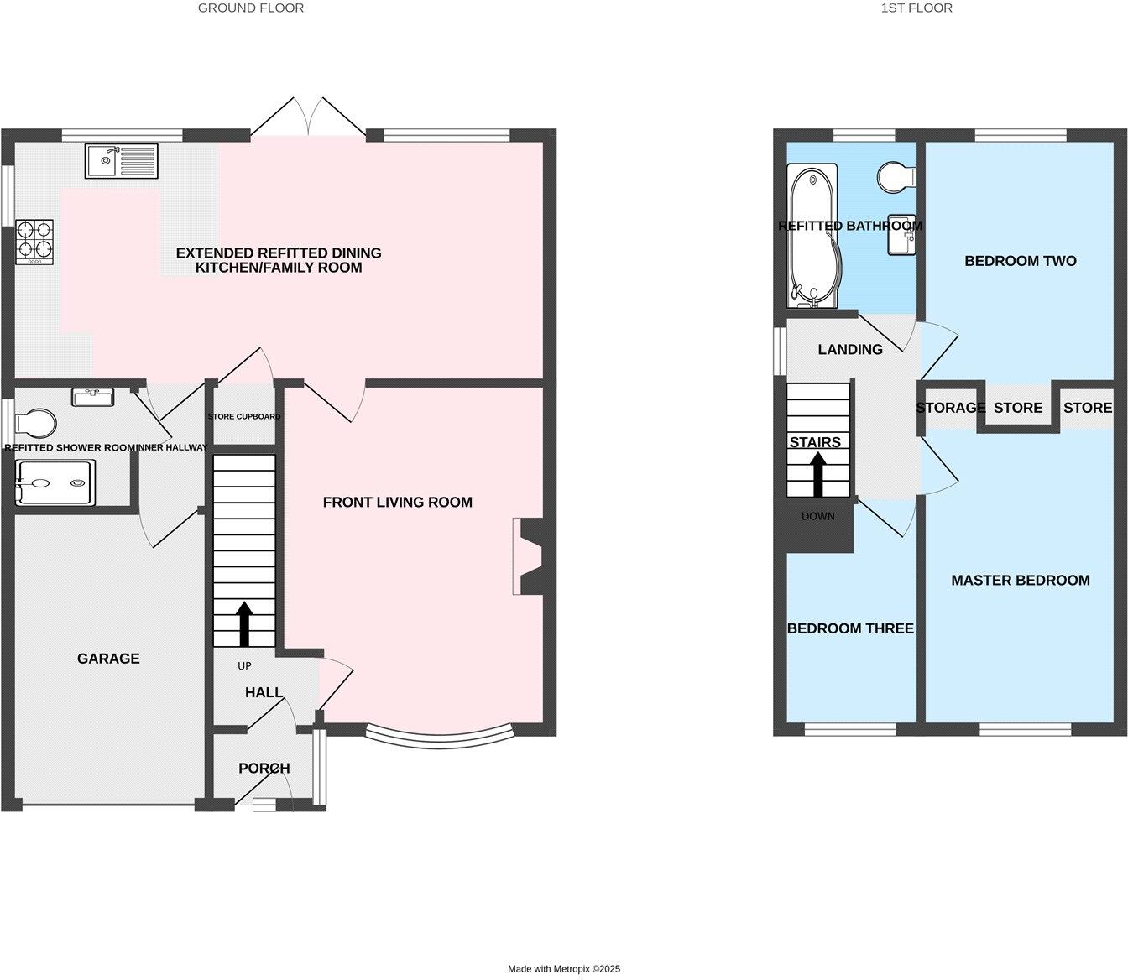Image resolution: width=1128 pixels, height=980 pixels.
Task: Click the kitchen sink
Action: click(x=121, y=160)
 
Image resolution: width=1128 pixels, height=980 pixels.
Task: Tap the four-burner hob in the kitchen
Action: click(x=34, y=241)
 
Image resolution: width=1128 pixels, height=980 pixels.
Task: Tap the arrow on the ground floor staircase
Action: click(x=244, y=623)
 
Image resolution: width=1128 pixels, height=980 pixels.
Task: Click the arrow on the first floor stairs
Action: click(x=817, y=475)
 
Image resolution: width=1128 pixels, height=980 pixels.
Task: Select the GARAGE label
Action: click(x=108, y=659)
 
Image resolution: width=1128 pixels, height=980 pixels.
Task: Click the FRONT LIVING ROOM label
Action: click(x=398, y=502)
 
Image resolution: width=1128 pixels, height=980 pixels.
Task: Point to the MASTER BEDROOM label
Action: click(x=1021, y=580)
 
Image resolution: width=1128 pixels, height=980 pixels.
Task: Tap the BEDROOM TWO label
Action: click(x=1021, y=261)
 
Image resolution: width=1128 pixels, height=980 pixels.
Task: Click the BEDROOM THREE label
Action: click(x=850, y=628)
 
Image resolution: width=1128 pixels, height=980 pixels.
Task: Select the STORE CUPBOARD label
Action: click(x=244, y=416)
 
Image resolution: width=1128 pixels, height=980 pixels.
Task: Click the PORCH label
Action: click(x=264, y=768)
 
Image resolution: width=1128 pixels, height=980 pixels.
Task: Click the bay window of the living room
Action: click(x=441, y=738)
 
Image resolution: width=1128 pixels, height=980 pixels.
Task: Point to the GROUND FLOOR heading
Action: click(x=251, y=8)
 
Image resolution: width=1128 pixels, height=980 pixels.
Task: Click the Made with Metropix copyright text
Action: click(x=564, y=968)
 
